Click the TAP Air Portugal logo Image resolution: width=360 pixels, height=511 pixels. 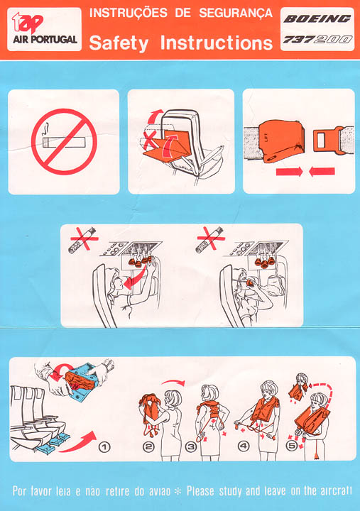[x=44, y=29]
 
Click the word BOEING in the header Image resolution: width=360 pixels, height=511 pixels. [x=317, y=19]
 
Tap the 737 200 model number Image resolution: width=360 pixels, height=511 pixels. [x=317, y=40]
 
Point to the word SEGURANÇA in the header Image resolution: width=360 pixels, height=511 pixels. [x=236, y=13]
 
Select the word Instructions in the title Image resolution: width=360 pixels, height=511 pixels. [x=217, y=43]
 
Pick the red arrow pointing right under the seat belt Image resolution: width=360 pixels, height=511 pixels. [x=289, y=172]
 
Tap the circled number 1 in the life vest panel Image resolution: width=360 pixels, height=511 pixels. [x=104, y=447]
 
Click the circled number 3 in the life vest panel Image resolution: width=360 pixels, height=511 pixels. [x=190, y=446]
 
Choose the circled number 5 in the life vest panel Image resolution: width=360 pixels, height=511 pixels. [x=292, y=446]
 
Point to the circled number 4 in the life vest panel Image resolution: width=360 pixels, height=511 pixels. [x=244, y=446]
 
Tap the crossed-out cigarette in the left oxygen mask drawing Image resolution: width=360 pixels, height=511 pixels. [x=82, y=241]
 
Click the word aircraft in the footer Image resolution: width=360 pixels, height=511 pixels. [x=336, y=491]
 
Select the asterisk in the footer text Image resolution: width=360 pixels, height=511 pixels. [x=178, y=491]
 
